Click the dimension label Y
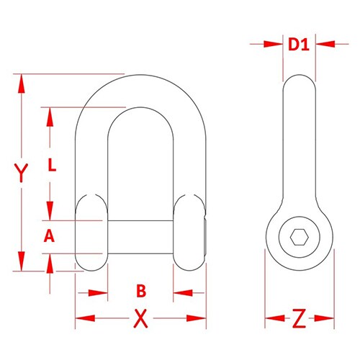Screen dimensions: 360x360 tap(23, 173)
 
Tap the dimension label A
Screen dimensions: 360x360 tap(49, 235)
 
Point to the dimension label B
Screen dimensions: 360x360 tap(141, 291)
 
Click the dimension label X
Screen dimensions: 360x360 tap(141, 317)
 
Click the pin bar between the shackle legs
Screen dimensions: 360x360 tap(141, 235)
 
